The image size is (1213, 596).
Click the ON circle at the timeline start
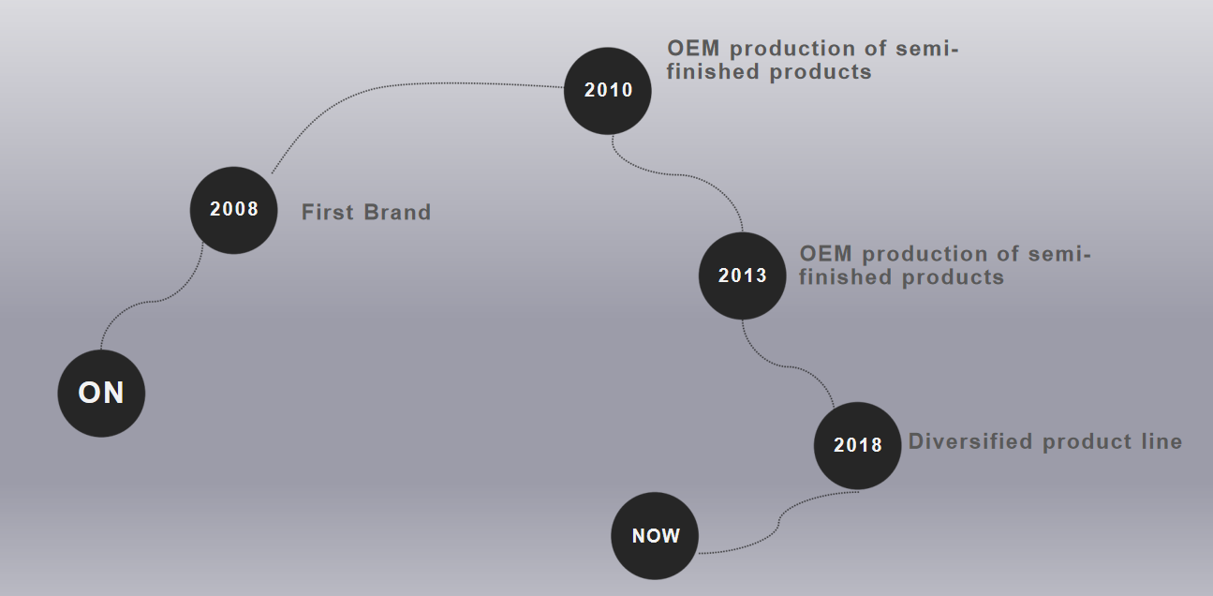101,394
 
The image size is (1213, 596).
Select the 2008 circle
233,210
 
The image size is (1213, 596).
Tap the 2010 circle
608,91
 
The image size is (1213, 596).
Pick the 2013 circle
742,276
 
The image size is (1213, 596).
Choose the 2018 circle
857,445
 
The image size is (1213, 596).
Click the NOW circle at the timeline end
655,536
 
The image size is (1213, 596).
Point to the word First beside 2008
328,212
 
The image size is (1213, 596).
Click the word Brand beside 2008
397,212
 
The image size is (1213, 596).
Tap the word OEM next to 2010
693,48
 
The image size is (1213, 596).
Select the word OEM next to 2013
826,254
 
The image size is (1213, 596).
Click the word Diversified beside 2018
970,441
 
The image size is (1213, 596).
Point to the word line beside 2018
1161,441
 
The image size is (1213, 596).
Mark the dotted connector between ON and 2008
152,301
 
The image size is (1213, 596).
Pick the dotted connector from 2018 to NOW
778,523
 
